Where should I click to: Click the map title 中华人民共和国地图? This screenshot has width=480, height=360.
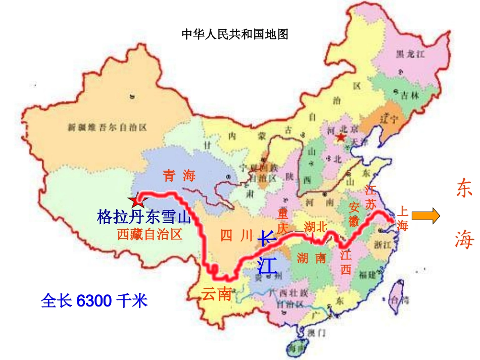[x=234, y=34]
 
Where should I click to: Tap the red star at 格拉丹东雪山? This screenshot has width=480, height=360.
[x=135, y=201]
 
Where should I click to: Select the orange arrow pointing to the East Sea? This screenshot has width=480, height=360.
[x=425, y=216]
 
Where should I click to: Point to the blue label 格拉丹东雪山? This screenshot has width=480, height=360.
[x=144, y=217]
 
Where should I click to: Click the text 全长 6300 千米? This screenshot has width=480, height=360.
[x=94, y=301]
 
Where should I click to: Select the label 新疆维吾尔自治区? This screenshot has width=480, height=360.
[x=107, y=128]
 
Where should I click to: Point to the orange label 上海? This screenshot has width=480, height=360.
[x=403, y=218]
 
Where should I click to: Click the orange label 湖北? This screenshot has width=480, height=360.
[x=316, y=227]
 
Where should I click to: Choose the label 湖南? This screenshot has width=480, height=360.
[x=311, y=258]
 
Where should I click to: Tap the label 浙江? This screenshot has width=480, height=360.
[x=383, y=245]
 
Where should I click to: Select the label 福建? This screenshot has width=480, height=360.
[x=367, y=275]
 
